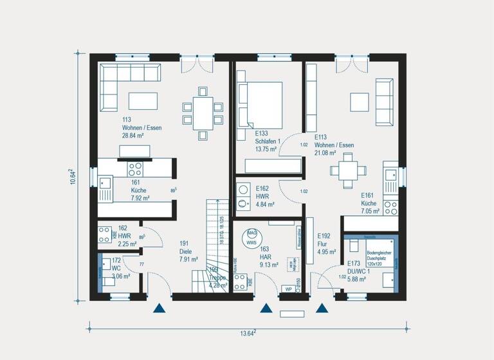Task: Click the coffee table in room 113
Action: point(143,101)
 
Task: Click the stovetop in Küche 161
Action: point(136,169)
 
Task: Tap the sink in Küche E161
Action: point(390,174)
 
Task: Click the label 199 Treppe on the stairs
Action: point(217,273)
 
